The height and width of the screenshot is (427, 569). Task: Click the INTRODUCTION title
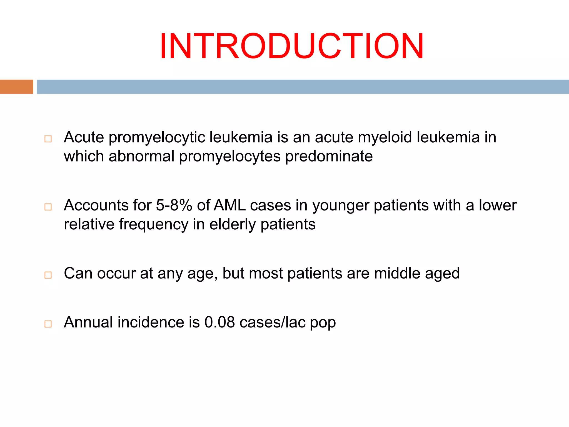pyautogui.click(x=291, y=46)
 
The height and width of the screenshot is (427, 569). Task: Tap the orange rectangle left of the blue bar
pyautogui.click(x=16, y=87)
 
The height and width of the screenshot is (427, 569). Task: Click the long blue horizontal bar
pyautogui.click(x=303, y=87)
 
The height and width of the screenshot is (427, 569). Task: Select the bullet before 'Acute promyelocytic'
pyautogui.click(x=48, y=139)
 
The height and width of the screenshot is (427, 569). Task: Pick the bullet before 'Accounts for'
pyautogui.click(x=48, y=207)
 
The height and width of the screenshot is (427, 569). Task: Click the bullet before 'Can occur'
pyautogui.click(x=48, y=275)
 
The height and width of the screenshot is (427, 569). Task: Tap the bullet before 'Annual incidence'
pyautogui.click(x=48, y=324)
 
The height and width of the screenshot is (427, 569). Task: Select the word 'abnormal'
pyautogui.click(x=141, y=156)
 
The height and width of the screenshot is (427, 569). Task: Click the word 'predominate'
pyautogui.click(x=329, y=156)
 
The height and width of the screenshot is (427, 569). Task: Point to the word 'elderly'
pyautogui.click(x=232, y=224)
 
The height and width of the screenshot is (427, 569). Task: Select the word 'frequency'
pyautogui.click(x=154, y=224)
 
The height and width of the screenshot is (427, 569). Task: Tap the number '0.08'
pyautogui.click(x=219, y=322)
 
